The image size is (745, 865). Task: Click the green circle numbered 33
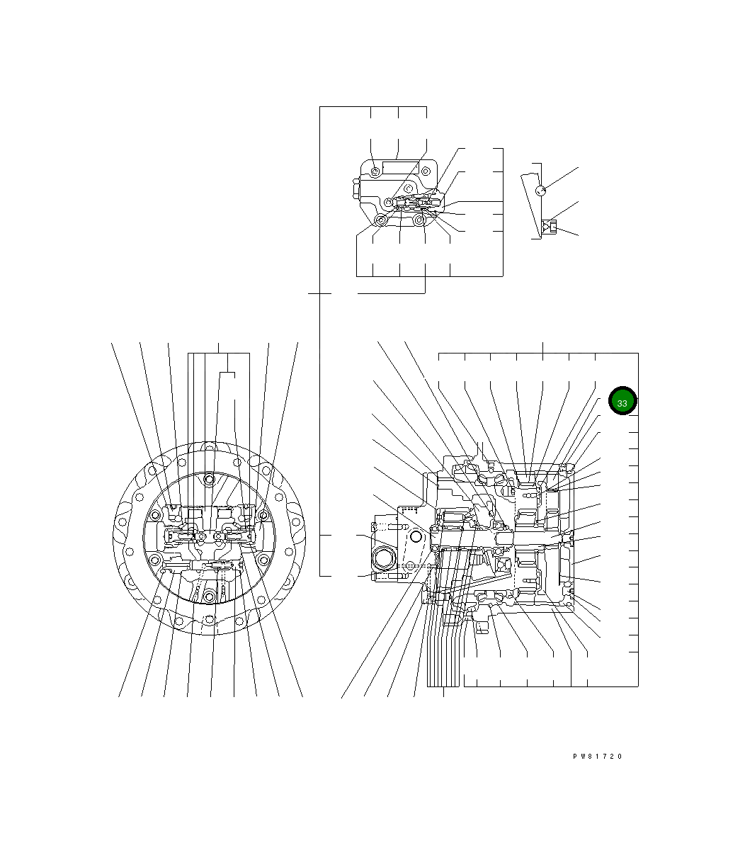(622, 400)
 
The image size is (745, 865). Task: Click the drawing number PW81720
(597, 756)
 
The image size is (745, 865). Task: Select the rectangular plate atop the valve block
(400, 167)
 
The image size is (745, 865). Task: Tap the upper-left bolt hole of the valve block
(375, 171)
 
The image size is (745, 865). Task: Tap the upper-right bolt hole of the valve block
(426, 171)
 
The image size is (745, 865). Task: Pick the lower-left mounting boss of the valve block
(380, 220)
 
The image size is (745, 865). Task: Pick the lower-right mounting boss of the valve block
(419, 220)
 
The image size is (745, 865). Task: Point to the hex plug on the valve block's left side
(356, 188)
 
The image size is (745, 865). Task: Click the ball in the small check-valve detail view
(541, 191)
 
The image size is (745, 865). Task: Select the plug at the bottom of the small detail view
(550, 227)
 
